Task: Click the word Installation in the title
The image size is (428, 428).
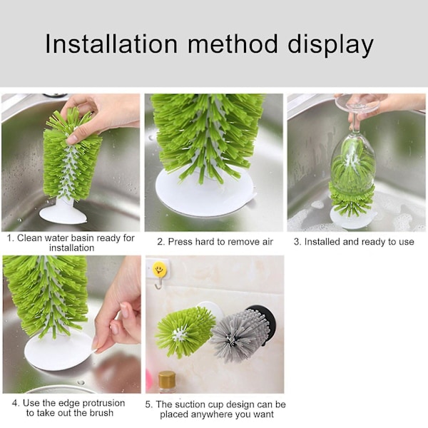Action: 111,44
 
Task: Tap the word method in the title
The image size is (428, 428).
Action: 233,44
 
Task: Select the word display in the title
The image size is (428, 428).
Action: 330,46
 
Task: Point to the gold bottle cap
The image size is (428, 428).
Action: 167,379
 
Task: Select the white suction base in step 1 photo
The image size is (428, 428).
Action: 63,212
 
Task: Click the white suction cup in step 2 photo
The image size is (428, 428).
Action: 205,192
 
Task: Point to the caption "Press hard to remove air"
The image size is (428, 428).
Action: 215,242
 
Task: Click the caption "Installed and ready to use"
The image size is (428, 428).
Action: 354,242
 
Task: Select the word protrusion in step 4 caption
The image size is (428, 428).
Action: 103,403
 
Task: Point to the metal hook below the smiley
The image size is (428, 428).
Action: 158,284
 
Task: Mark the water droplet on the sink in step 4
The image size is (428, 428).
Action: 81,382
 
